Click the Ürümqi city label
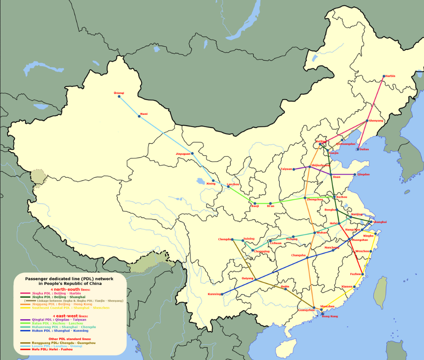click(x=119, y=93)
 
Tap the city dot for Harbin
click(x=384, y=76)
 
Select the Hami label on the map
click(x=143, y=114)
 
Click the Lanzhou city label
click(x=233, y=184)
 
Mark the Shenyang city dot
click(x=367, y=121)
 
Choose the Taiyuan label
click(x=286, y=169)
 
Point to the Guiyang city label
click(x=247, y=278)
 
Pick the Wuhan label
click(x=322, y=233)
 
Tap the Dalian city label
click(x=364, y=149)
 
